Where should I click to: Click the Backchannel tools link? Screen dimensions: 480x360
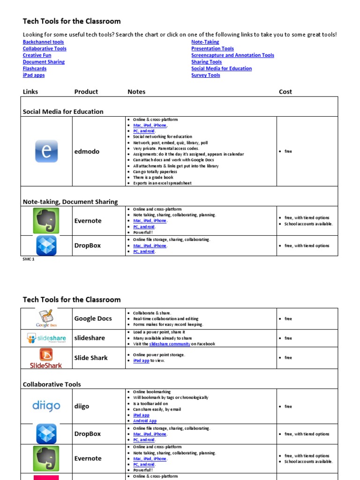[x=44, y=42]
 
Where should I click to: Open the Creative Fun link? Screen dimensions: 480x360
[x=37, y=55]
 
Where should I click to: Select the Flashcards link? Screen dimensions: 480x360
[x=35, y=68]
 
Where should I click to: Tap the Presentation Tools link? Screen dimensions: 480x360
[x=212, y=48]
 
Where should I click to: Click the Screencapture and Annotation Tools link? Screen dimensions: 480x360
[x=232, y=55]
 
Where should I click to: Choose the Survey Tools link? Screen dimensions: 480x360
[x=205, y=75]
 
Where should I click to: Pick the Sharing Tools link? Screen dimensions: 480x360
[x=206, y=62]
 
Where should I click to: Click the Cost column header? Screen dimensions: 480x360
[x=285, y=92]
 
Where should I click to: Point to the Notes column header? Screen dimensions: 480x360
[x=136, y=92]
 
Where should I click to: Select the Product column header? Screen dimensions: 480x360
[x=86, y=92]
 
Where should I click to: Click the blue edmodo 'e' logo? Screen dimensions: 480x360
[x=46, y=151]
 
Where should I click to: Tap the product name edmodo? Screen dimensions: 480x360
[x=87, y=151]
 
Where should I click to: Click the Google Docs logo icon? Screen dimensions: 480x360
[x=46, y=318]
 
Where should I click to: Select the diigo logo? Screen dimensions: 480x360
[x=46, y=406]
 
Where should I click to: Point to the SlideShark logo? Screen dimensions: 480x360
[x=46, y=358]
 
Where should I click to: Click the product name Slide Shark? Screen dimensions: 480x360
[x=91, y=358]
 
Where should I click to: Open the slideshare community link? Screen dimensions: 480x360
[x=169, y=344]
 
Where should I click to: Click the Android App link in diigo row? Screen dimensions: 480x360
[x=145, y=421]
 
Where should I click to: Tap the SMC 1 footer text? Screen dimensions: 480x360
[x=29, y=259]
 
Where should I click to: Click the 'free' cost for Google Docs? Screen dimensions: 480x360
[x=288, y=319]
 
